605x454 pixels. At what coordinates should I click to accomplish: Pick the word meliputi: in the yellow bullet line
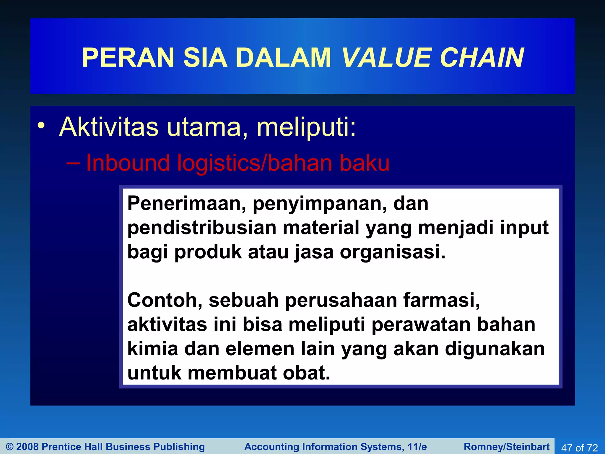coord(306,128)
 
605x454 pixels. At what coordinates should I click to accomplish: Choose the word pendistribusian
coord(202,228)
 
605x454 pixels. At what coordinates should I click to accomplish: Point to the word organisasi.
coord(392,252)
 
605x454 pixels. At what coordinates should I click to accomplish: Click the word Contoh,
coord(165,301)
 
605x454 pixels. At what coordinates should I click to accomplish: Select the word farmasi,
coord(442,301)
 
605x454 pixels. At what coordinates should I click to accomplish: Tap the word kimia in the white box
coord(152,349)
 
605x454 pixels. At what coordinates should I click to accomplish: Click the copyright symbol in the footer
coord(10,447)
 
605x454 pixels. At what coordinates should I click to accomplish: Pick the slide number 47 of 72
coord(579,447)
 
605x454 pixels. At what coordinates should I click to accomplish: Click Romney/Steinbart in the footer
coord(507,447)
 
